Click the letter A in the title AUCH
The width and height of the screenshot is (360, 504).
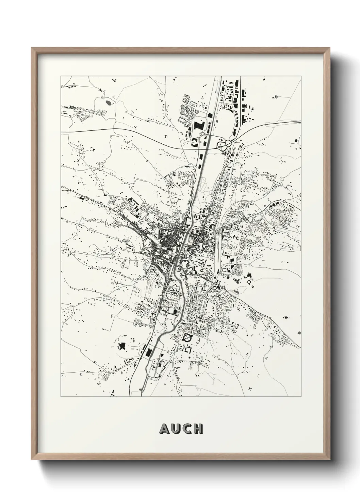click(164, 429)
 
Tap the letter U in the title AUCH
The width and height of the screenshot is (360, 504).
click(175, 429)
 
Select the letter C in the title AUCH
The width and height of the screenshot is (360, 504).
click(186, 429)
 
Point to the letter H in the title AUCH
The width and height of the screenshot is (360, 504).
click(197, 429)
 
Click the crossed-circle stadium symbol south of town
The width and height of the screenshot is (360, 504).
click(187, 337)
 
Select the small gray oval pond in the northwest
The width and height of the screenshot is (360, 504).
click(108, 101)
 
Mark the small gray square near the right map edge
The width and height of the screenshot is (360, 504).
click(299, 332)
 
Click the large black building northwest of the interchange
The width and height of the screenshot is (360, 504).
click(198, 125)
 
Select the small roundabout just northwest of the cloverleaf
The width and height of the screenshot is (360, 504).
click(202, 135)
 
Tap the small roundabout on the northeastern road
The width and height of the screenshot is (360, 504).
click(284, 202)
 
